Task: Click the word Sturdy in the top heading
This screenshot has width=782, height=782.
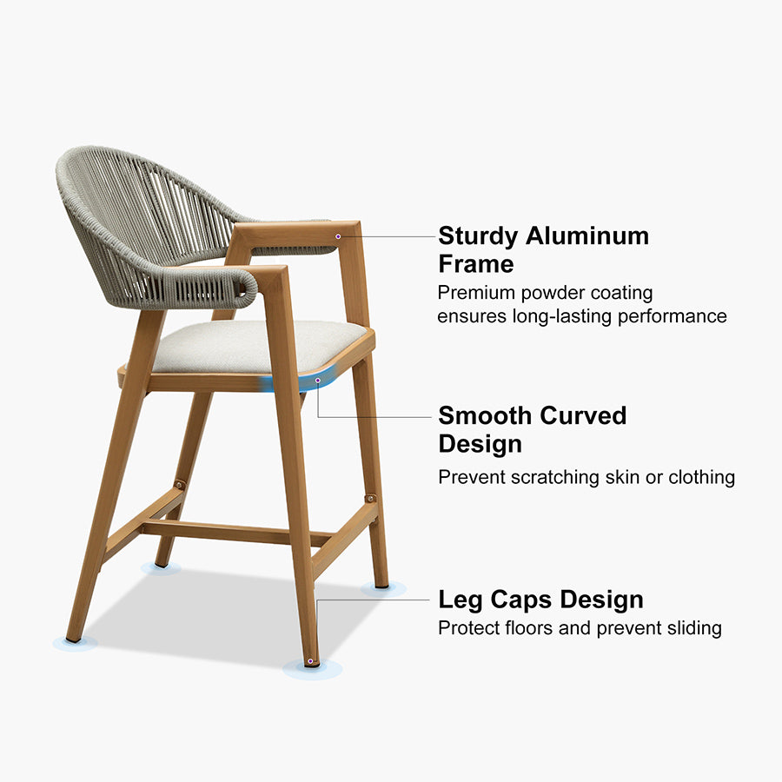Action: (478, 236)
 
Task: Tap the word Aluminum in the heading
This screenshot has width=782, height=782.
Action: (587, 235)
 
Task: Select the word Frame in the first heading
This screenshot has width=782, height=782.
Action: (476, 264)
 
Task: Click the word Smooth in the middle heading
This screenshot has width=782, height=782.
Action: (485, 415)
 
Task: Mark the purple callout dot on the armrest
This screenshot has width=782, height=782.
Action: (338, 236)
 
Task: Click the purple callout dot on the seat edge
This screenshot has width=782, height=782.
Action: (318, 381)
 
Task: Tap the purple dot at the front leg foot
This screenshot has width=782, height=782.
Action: (310, 661)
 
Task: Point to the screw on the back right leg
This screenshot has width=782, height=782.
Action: (370, 498)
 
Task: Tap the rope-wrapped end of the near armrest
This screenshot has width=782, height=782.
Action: (247, 288)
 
